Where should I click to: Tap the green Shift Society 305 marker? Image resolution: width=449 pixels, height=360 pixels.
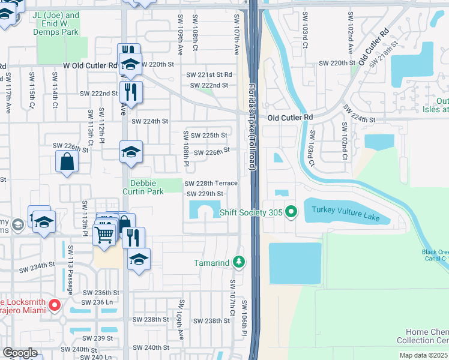tap(292, 211)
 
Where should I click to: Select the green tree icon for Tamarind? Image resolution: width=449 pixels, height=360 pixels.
tap(239, 262)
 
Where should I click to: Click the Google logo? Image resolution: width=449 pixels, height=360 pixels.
tap(20, 353)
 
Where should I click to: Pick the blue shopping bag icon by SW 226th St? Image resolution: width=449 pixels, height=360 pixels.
tap(67, 161)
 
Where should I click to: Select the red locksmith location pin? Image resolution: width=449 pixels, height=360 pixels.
tap(54, 305)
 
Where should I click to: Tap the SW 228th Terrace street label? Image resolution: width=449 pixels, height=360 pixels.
tap(211, 183)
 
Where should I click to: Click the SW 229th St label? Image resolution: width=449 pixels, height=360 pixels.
tap(205, 194)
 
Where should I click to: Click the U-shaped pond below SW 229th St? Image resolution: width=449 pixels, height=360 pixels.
tap(205, 211)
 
